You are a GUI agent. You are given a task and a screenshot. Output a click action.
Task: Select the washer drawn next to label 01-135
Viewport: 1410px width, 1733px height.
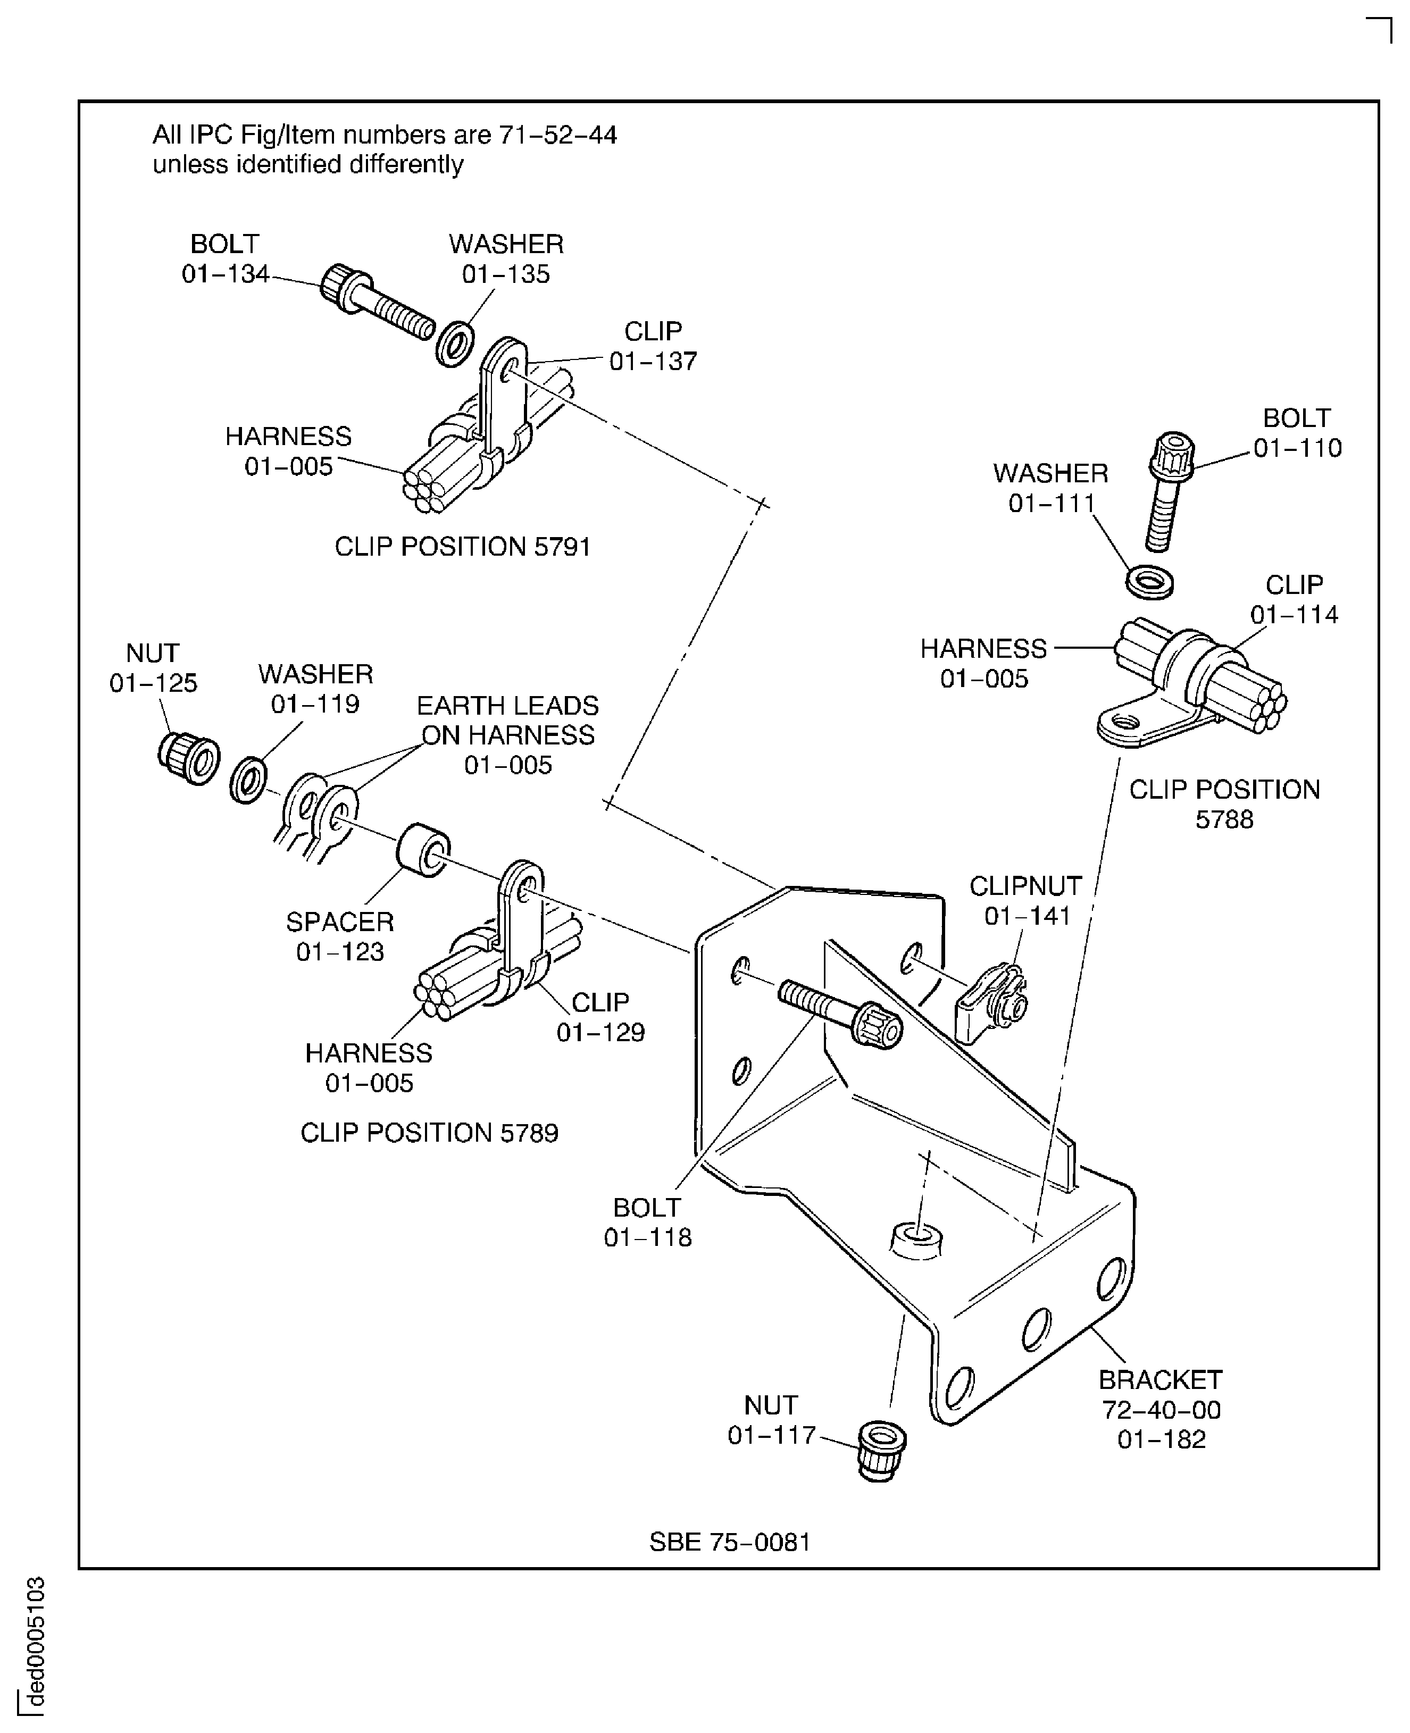[455, 344]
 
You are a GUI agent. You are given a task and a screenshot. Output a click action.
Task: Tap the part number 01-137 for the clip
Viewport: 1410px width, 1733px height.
[653, 362]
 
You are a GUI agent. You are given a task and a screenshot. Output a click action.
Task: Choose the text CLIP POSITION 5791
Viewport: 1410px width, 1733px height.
[462, 547]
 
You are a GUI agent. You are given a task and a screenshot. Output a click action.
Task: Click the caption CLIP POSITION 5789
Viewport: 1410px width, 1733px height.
[429, 1133]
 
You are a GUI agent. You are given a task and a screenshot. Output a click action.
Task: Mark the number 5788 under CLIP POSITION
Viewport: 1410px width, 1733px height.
[1224, 819]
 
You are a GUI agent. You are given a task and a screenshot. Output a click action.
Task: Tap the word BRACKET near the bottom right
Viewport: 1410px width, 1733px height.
[1160, 1380]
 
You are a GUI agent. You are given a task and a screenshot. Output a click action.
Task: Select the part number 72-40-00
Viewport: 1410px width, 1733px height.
[1161, 1410]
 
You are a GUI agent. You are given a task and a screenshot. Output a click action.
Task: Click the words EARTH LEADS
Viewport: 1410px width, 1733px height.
[507, 705]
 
